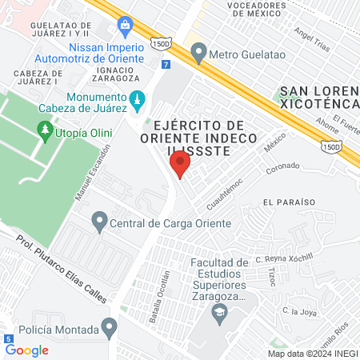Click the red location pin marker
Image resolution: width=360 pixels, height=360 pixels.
[180, 166]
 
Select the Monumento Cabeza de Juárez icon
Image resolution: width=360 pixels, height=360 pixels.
[138, 98]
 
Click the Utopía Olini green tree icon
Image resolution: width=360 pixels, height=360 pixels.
[45, 128]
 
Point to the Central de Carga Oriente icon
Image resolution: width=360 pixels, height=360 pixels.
[99, 219]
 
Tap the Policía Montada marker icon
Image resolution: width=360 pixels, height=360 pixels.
[109, 326]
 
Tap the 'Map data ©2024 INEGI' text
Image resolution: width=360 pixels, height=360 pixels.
[312, 353]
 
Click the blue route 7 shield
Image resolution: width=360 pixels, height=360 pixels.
[165, 63]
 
